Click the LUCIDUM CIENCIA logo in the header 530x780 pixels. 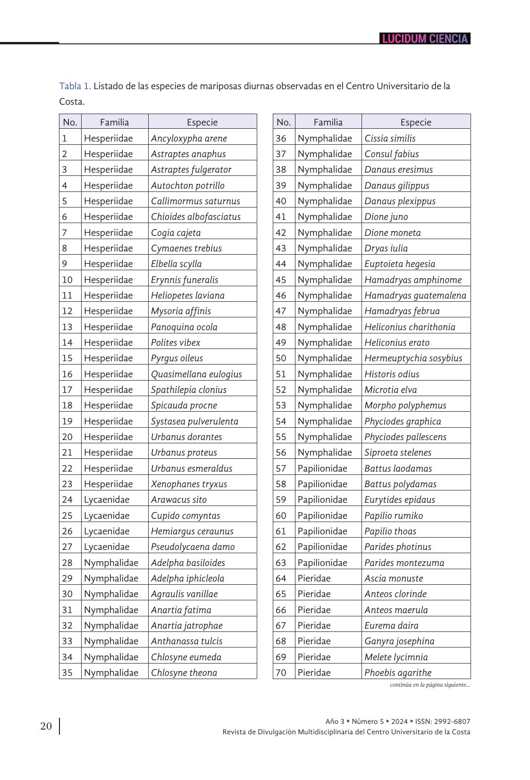tap(425, 39)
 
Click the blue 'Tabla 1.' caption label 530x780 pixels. tap(75, 86)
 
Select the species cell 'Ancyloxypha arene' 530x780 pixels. tap(189, 138)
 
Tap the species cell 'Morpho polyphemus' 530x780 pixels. tap(405, 405)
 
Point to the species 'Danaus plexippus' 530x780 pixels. tap(400, 201)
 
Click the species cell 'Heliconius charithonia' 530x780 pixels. tap(410, 327)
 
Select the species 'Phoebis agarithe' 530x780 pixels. tap(398, 672)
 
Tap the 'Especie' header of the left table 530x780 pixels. tap(202, 122)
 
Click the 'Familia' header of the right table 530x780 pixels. tap(328, 122)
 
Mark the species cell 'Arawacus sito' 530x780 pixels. tap(178, 499)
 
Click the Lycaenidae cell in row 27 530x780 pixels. tap(107, 547)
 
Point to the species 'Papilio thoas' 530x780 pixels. tap(390, 531)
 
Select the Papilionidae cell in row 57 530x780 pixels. tap(322, 468)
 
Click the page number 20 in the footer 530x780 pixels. tap(46, 726)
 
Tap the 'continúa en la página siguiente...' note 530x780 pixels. tap(430, 685)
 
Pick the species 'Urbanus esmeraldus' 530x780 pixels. tap(192, 468)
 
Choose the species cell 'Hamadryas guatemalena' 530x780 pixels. tap(415, 295)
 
